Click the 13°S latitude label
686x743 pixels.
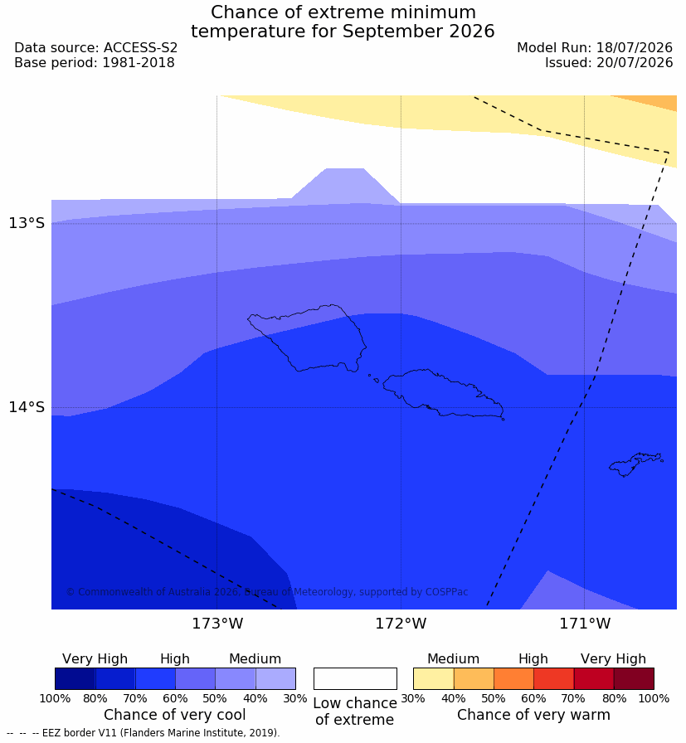coord(27,223)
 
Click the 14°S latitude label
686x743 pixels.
coord(27,407)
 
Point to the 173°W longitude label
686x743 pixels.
coord(217,624)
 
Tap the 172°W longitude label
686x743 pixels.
coord(401,624)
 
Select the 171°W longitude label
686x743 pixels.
coord(585,624)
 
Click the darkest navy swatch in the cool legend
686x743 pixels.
coord(75,678)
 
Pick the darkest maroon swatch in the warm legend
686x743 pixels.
coord(634,678)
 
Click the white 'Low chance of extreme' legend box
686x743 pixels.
coord(355,678)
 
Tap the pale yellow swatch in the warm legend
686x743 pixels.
coord(433,678)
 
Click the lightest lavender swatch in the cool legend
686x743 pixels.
coord(275,678)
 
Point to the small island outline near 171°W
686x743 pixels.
coord(636,464)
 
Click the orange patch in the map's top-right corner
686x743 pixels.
coord(652,102)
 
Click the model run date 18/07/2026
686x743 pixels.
coord(635,48)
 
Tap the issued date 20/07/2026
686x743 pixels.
coord(635,62)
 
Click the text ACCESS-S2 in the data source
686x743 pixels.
coord(140,48)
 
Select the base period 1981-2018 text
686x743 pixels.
coord(139,62)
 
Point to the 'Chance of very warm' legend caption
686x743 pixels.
coord(533,715)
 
